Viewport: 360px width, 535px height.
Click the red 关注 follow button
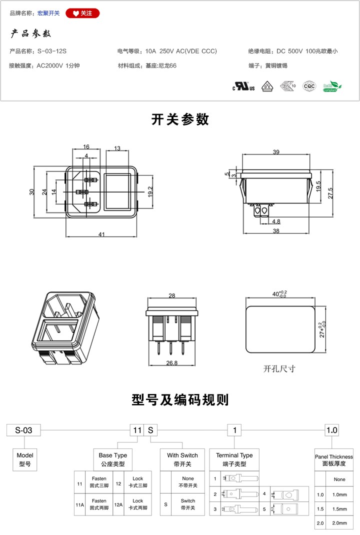click(x=82, y=13)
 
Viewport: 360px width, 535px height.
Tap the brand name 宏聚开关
click(x=48, y=13)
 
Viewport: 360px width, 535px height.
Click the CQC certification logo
click(x=309, y=86)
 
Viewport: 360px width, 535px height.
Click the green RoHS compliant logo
click(x=332, y=86)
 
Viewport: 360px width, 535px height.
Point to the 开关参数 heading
click(x=180, y=120)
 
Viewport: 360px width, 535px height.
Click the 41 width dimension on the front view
click(x=101, y=234)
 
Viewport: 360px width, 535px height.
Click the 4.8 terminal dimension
click(x=276, y=220)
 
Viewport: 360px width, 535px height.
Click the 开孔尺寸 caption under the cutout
click(x=279, y=369)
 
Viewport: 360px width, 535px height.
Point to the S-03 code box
click(x=23, y=430)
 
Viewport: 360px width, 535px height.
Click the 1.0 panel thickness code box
click(x=331, y=430)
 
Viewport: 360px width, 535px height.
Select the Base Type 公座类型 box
click(x=113, y=459)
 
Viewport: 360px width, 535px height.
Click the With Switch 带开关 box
click(x=182, y=459)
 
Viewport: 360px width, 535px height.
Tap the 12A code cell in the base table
click(x=118, y=504)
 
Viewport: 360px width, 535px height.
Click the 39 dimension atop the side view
click(x=276, y=152)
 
